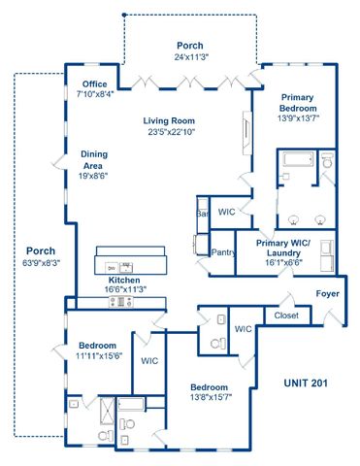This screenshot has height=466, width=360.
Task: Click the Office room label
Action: coord(95,83)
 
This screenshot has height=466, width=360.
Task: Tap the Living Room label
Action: coord(171,119)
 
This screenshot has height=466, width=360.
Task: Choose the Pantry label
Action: coord(223,252)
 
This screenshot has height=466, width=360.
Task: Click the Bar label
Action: coord(203,212)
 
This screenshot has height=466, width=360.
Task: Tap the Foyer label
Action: coord(327,294)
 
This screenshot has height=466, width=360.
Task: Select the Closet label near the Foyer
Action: coord(285,316)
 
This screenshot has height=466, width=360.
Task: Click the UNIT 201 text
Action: coord(307,383)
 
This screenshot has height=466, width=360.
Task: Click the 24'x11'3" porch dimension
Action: coord(190,57)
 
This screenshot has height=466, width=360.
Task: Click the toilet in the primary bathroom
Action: coord(326,164)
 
